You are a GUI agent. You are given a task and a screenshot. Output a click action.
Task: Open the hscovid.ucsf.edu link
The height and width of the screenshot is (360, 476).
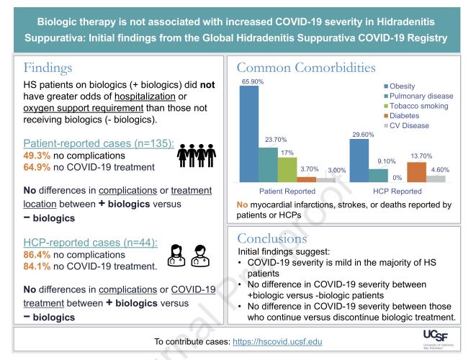tap(278, 341)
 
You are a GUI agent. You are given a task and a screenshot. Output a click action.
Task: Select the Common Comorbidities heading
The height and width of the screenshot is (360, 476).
tap(306, 68)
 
